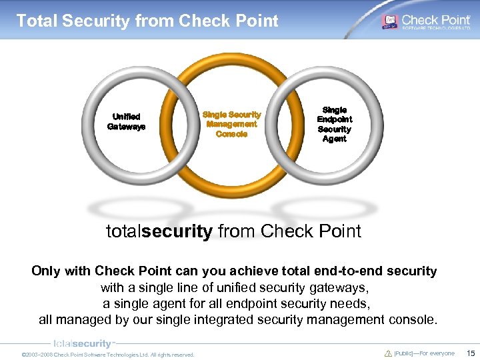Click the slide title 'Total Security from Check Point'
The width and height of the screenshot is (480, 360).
[x=147, y=21]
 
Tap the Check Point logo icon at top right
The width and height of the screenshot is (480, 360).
[x=389, y=21]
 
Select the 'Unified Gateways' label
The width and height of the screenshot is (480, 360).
[x=126, y=121]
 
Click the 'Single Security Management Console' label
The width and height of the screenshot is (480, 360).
[x=231, y=124]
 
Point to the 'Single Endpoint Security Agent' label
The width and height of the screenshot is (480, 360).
[x=334, y=124]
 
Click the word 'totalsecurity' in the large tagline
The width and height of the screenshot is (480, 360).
[x=159, y=231]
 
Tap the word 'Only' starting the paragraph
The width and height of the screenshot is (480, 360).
[x=45, y=271]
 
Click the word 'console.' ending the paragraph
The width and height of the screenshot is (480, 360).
[x=413, y=319]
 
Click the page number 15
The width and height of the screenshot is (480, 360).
[x=471, y=353]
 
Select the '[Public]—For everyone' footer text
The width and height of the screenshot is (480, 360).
[x=424, y=353]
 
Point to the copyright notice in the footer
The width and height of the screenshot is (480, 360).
[x=108, y=355]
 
